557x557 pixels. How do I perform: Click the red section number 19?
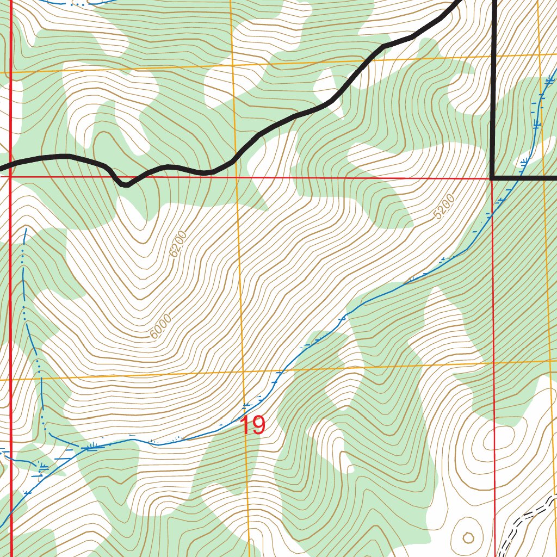[252, 425]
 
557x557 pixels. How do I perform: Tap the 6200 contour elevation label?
[178, 244]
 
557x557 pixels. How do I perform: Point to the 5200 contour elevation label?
[444, 207]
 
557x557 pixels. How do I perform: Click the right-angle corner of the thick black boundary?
[493, 177]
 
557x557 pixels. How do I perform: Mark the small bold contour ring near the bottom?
[468, 538]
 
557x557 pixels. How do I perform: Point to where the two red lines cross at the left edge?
[10, 176]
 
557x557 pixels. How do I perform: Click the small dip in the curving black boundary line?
[125, 184]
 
